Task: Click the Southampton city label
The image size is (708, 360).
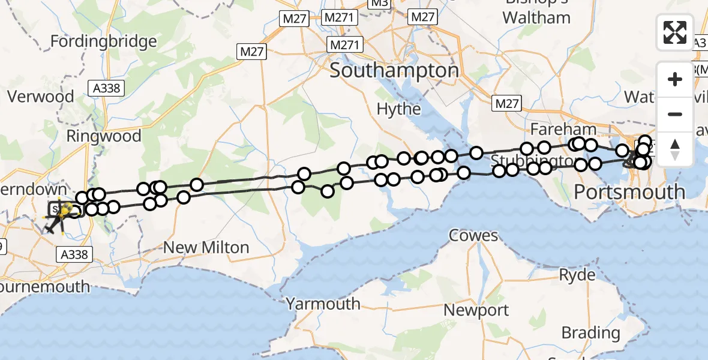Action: [394, 71]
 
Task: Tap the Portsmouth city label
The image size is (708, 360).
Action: [629, 192]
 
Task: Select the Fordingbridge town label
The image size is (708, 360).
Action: [103, 41]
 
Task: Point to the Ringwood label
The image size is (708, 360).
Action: [104, 136]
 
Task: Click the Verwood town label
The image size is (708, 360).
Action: [40, 97]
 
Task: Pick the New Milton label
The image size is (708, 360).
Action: [206, 247]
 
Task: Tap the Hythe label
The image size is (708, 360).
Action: [398, 109]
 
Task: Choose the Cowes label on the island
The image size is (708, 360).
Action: [474, 235]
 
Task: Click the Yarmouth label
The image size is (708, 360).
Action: [323, 304]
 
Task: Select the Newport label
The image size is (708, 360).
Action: [476, 310]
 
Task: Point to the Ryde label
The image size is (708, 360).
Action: [577, 275]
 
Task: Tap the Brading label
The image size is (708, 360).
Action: [591, 332]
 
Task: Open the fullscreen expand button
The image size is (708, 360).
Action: [675, 32]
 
